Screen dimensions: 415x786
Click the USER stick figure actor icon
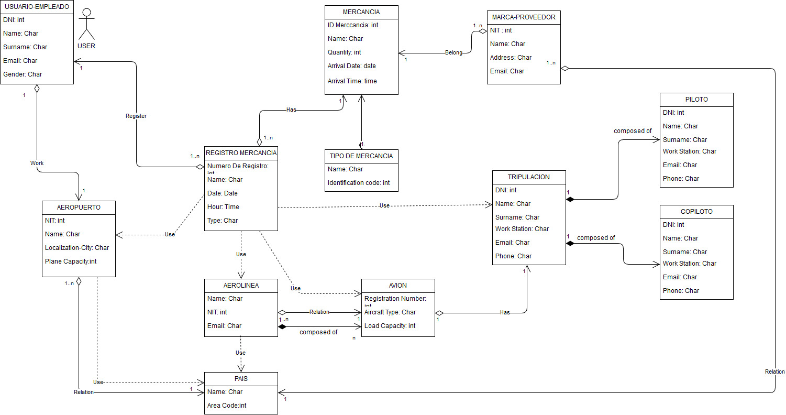(x=86, y=25)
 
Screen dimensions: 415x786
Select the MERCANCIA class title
(x=361, y=12)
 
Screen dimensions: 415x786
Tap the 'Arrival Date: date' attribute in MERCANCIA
(x=351, y=66)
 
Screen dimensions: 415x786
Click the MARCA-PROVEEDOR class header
(x=524, y=17)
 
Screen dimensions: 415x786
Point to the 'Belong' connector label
(x=453, y=52)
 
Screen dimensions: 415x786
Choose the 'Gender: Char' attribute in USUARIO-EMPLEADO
(x=23, y=74)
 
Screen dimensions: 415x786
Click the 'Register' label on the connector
(x=136, y=116)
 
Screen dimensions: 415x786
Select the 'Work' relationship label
(x=37, y=163)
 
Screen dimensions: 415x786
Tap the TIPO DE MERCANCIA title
(x=361, y=156)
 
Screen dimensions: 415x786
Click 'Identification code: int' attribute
(x=359, y=183)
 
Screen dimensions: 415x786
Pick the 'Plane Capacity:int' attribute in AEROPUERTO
(x=71, y=261)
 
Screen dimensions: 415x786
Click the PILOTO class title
(x=696, y=100)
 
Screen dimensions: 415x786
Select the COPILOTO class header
(x=696, y=212)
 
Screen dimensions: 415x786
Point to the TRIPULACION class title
(x=529, y=177)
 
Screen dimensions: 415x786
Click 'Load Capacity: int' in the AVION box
(x=390, y=326)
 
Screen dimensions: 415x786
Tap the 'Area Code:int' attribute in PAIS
(x=227, y=405)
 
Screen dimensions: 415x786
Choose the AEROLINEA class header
(x=241, y=286)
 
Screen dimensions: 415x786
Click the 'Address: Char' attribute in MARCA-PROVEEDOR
(x=511, y=58)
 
